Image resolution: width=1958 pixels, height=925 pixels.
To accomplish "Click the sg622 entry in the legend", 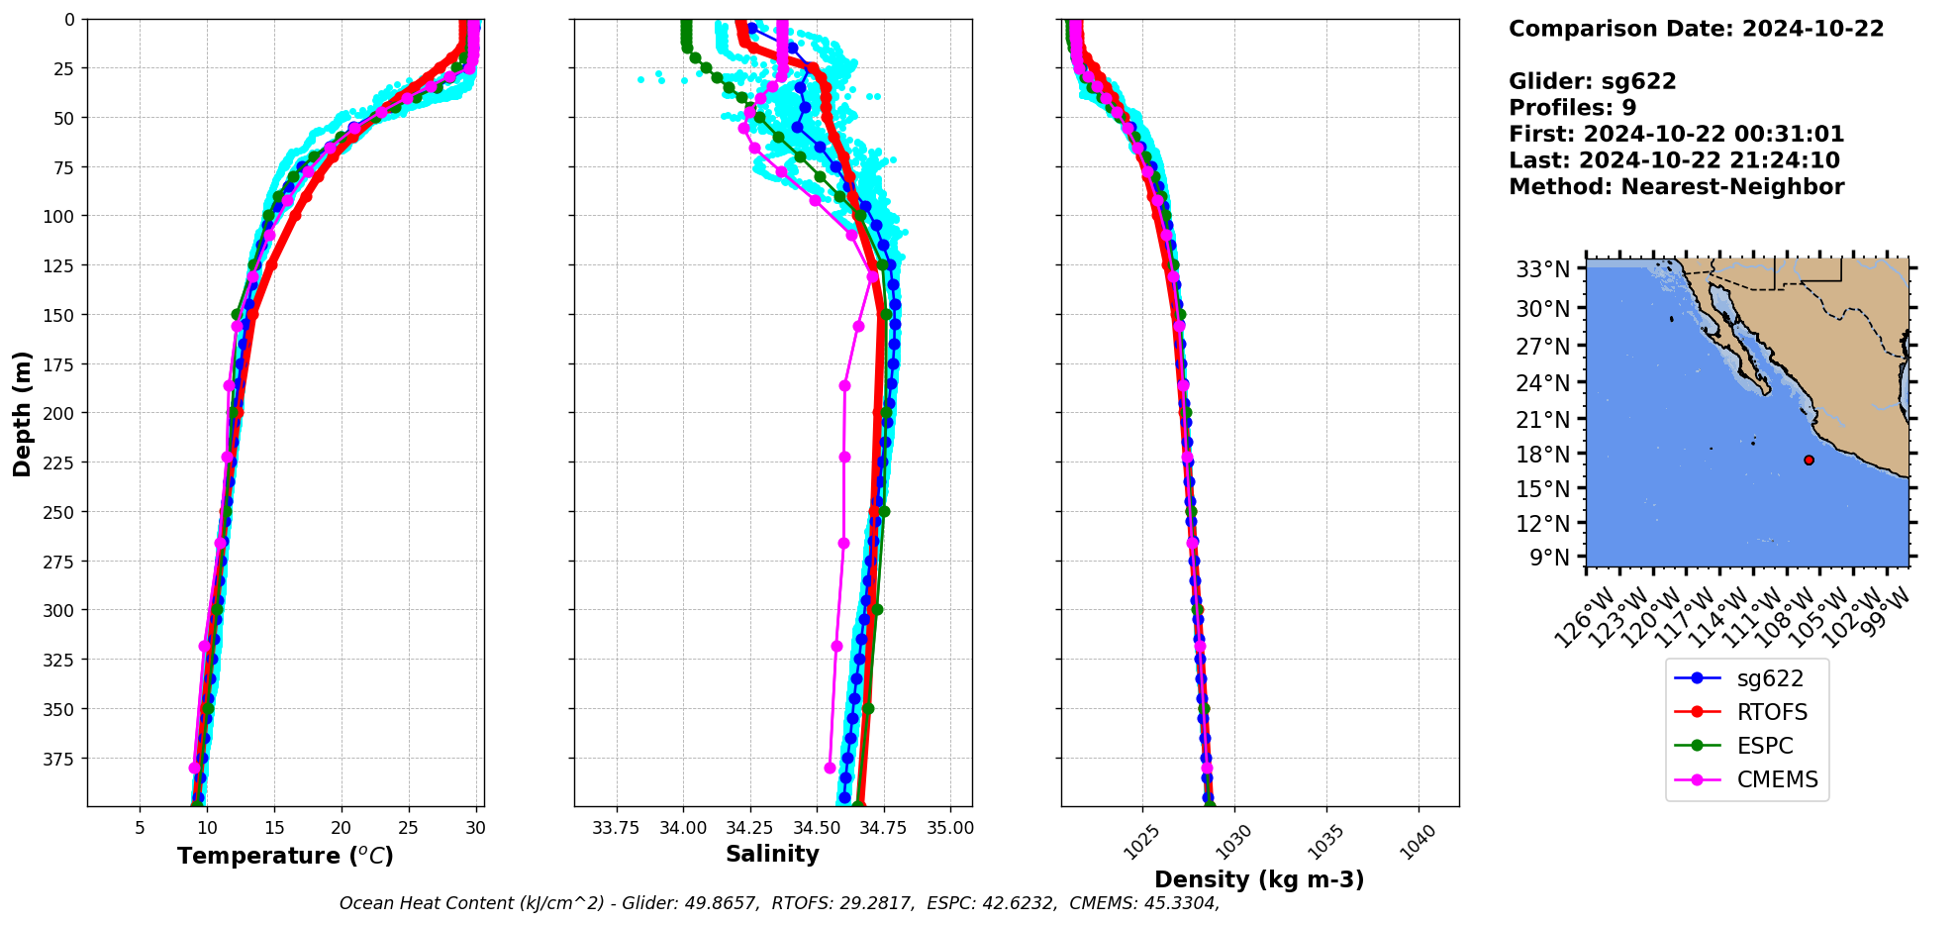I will click(x=1769, y=678).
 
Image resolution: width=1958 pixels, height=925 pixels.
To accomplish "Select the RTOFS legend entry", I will click(x=1771, y=712).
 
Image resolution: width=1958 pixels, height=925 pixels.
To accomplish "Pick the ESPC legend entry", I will click(x=1764, y=746).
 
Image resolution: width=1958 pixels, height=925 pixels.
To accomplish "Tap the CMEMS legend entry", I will click(x=1777, y=779).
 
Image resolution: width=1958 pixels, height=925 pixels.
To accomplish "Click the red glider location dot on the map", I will click(x=1809, y=460).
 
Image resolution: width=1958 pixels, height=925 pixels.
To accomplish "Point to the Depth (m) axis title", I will click(x=22, y=413).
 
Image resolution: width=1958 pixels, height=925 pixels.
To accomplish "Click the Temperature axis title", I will click(x=285, y=856).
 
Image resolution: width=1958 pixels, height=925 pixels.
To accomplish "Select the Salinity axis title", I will click(x=772, y=854).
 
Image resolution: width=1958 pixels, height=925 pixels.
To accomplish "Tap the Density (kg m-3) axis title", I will click(x=1259, y=879).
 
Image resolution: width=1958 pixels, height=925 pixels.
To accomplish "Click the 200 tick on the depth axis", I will click(x=60, y=413).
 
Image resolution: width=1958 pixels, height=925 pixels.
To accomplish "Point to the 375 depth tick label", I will click(x=60, y=759).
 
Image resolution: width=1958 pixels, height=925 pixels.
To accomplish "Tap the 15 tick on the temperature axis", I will click(x=274, y=828).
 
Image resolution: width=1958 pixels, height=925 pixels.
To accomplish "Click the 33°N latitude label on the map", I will click(x=1542, y=269).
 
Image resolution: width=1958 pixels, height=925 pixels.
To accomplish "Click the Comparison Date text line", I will click(x=1696, y=29).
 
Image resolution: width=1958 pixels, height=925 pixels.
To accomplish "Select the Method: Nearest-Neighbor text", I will click(x=1676, y=187).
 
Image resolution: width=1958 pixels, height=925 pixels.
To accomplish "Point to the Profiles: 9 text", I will click(x=1572, y=108).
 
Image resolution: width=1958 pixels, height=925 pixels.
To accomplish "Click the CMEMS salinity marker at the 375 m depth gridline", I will click(x=830, y=768).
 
